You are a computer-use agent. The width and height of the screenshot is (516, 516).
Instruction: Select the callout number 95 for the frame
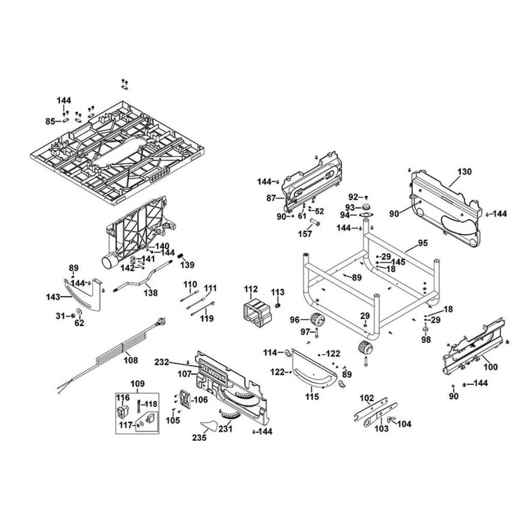423,243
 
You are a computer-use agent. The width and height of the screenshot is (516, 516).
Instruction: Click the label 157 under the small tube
305,234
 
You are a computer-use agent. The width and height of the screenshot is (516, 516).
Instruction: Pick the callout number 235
199,438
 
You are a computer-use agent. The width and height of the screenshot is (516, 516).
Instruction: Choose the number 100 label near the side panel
490,367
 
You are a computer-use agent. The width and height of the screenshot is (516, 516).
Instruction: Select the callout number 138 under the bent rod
151,293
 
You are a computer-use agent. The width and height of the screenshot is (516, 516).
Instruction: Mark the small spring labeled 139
181,256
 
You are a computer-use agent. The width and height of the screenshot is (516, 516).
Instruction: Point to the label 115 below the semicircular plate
312,397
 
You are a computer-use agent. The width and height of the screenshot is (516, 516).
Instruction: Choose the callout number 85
50,122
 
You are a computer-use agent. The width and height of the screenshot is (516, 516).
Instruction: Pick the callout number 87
272,198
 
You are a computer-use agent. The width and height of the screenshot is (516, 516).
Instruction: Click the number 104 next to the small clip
405,424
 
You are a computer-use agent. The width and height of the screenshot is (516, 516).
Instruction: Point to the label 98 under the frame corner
426,340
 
